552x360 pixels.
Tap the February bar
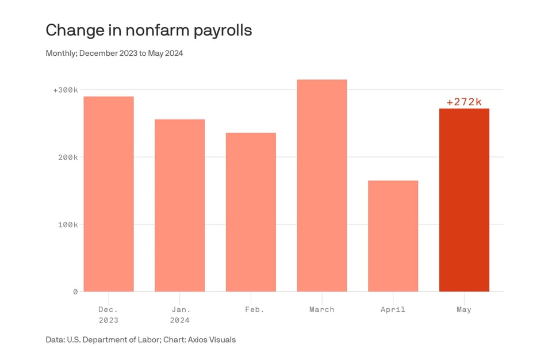pos(251,212)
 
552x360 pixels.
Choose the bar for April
pos(393,236)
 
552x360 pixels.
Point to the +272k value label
pos(464,102)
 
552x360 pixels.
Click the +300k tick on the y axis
pos(66,90)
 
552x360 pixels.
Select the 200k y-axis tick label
pos(67,157)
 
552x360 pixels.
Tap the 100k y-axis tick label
pos(67,224)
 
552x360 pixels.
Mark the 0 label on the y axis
pos(75,292)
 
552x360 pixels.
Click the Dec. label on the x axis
pos(109,309)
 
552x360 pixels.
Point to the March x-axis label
pos(322,309)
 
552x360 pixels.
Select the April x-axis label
pos(393,309)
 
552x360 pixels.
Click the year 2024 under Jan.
pos(180,320)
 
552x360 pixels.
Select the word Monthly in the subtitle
pos(61,53)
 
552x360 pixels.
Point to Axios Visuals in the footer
pos(209,339)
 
